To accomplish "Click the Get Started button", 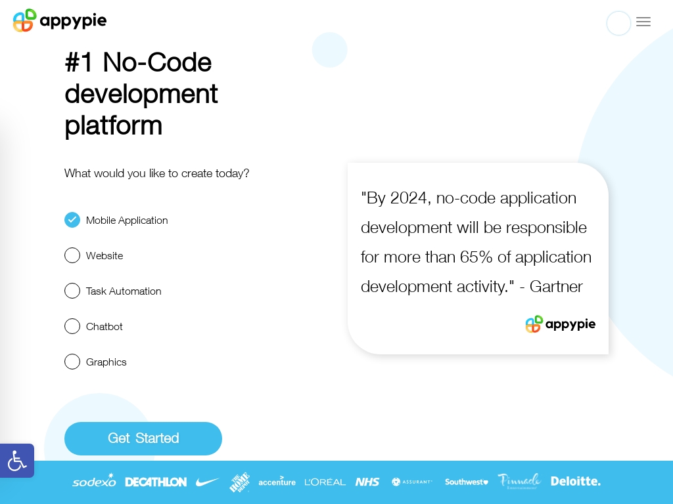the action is pyautogui.click(x=143, y=438).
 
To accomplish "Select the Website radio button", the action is pyautogui.click(x=72, y=255).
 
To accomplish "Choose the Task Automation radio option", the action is pyautogui.click(x=72, y=291).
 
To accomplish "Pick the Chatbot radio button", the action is pyautogui.click(x=72, y=326).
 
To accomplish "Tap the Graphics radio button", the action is pyautogui.click(x=72, y=362).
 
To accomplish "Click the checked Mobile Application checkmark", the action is pyautogui.click(x=72, y=220).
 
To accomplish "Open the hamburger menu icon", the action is pyautogui.click(x=643, y=22).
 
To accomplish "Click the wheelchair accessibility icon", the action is pyautogui.click(x=16, y=461).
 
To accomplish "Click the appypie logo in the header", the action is pyautogui.click(x=60, y=20).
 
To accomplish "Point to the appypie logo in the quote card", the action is pyautogui.click(x=560, y=324).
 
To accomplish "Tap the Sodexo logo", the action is pyautogui.click(x=94, y=481).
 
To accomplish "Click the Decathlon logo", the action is pyautogui.click(x=156, y=482).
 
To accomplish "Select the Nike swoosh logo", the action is pyautogui.click(x=207, y=482).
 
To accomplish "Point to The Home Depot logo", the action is pyautogui.click(x=239, y=482).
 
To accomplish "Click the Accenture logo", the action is pyautogui.click(x=277, y=482).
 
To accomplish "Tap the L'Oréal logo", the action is pyautogui.click(x=325, y=482).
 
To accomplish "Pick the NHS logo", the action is pyautogui.click(x=367, y=482).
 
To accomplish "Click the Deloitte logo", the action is pyautogui.click(x=576, y=481).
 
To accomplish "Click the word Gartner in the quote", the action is pyautogui.click(x=556, y=286).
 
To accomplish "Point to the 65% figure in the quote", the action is pyautogui.click(x=476, y=257).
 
